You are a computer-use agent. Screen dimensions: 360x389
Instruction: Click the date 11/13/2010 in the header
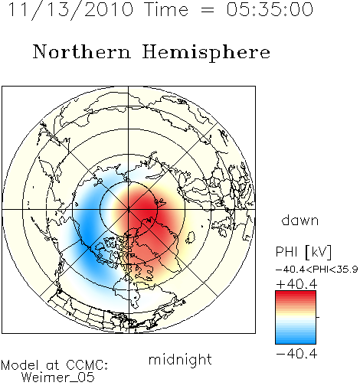[70, 10]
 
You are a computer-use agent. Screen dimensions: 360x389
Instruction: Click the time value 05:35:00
[270, 9]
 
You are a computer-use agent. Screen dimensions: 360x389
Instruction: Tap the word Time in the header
[166, 9]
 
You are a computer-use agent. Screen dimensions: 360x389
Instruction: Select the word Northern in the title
[82, 52]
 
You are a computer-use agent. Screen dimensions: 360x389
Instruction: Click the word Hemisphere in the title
[206, 53]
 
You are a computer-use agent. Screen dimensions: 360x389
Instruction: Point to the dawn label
[300, 220]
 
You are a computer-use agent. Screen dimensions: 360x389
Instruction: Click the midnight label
[180, 359]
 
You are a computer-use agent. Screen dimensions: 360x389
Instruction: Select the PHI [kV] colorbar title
[303, 252]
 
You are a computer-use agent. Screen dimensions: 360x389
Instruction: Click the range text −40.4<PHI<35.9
[316, 270]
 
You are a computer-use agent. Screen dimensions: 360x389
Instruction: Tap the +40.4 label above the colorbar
[296, 284]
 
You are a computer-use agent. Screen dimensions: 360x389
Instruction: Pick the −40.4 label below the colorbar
[296, 354]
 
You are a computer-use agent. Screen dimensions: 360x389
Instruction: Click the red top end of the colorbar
[296, 293]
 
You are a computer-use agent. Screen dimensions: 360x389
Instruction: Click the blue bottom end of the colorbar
[296, 342]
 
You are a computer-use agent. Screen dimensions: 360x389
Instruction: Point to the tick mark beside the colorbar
[318, 317]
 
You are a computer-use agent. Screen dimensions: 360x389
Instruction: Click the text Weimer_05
[58, 377]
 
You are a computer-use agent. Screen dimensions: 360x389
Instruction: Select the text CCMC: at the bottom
[87, 365]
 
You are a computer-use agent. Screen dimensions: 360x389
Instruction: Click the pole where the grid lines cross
[129, 209]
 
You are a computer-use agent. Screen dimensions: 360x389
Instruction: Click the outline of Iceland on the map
[190, 237]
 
